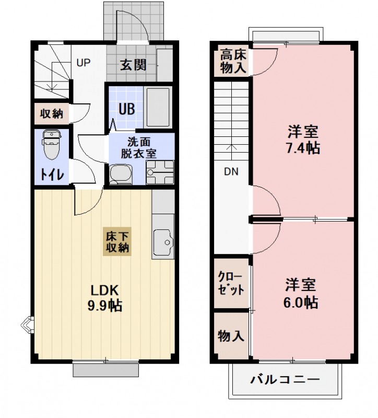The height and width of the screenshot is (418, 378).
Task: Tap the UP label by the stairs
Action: pos(84,63)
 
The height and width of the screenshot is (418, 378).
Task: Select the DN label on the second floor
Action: pos(231,171)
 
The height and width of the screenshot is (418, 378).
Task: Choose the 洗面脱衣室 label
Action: pos(139,148)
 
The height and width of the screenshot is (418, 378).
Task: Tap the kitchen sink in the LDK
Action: pos(164,242)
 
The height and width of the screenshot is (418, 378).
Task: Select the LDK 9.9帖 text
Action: pos(104,298)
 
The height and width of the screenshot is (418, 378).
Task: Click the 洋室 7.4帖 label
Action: pos(302,139)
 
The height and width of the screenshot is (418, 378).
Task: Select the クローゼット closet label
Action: pos(231,283)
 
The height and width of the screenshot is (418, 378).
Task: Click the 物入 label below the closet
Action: pos(231,335)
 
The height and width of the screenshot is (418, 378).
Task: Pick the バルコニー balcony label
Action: pos(285,379)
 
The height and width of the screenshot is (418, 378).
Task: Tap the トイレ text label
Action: pos(51,175)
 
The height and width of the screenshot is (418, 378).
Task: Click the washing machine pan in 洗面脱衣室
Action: pos(159,172)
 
